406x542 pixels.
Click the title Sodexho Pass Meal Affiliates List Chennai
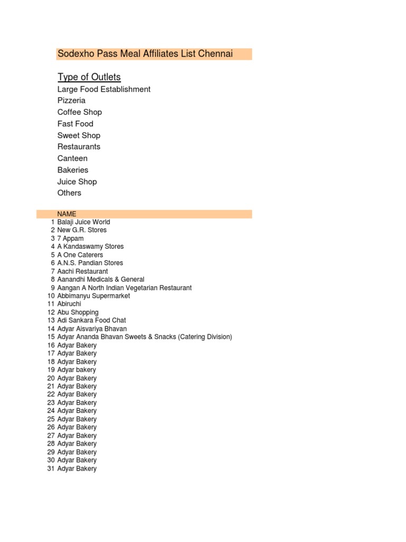[145, 54]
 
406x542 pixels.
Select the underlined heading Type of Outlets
[89, 77]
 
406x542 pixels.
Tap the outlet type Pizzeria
[71, 101]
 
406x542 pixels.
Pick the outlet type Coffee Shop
[79, 112]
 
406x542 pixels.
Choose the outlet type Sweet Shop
[79, 135]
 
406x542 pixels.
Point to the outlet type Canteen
[72, 158]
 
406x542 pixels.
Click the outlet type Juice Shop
[77, 182]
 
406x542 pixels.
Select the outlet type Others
[69, 193]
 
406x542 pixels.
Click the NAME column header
[67, 214]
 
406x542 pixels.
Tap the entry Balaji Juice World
[84, 222]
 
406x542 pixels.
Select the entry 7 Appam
[70, 239]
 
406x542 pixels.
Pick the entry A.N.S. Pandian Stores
[90, 263]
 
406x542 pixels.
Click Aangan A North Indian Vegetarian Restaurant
[124, 288]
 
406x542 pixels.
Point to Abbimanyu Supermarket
[94, 296]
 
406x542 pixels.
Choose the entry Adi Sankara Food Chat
[91, 320]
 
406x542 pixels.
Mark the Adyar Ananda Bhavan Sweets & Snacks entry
[144, 337]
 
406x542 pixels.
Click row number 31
[51, 468]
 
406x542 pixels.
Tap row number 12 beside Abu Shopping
[51, 312]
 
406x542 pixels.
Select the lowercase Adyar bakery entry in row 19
[77, 369]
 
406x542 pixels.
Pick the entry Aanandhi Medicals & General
[100, 279]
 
